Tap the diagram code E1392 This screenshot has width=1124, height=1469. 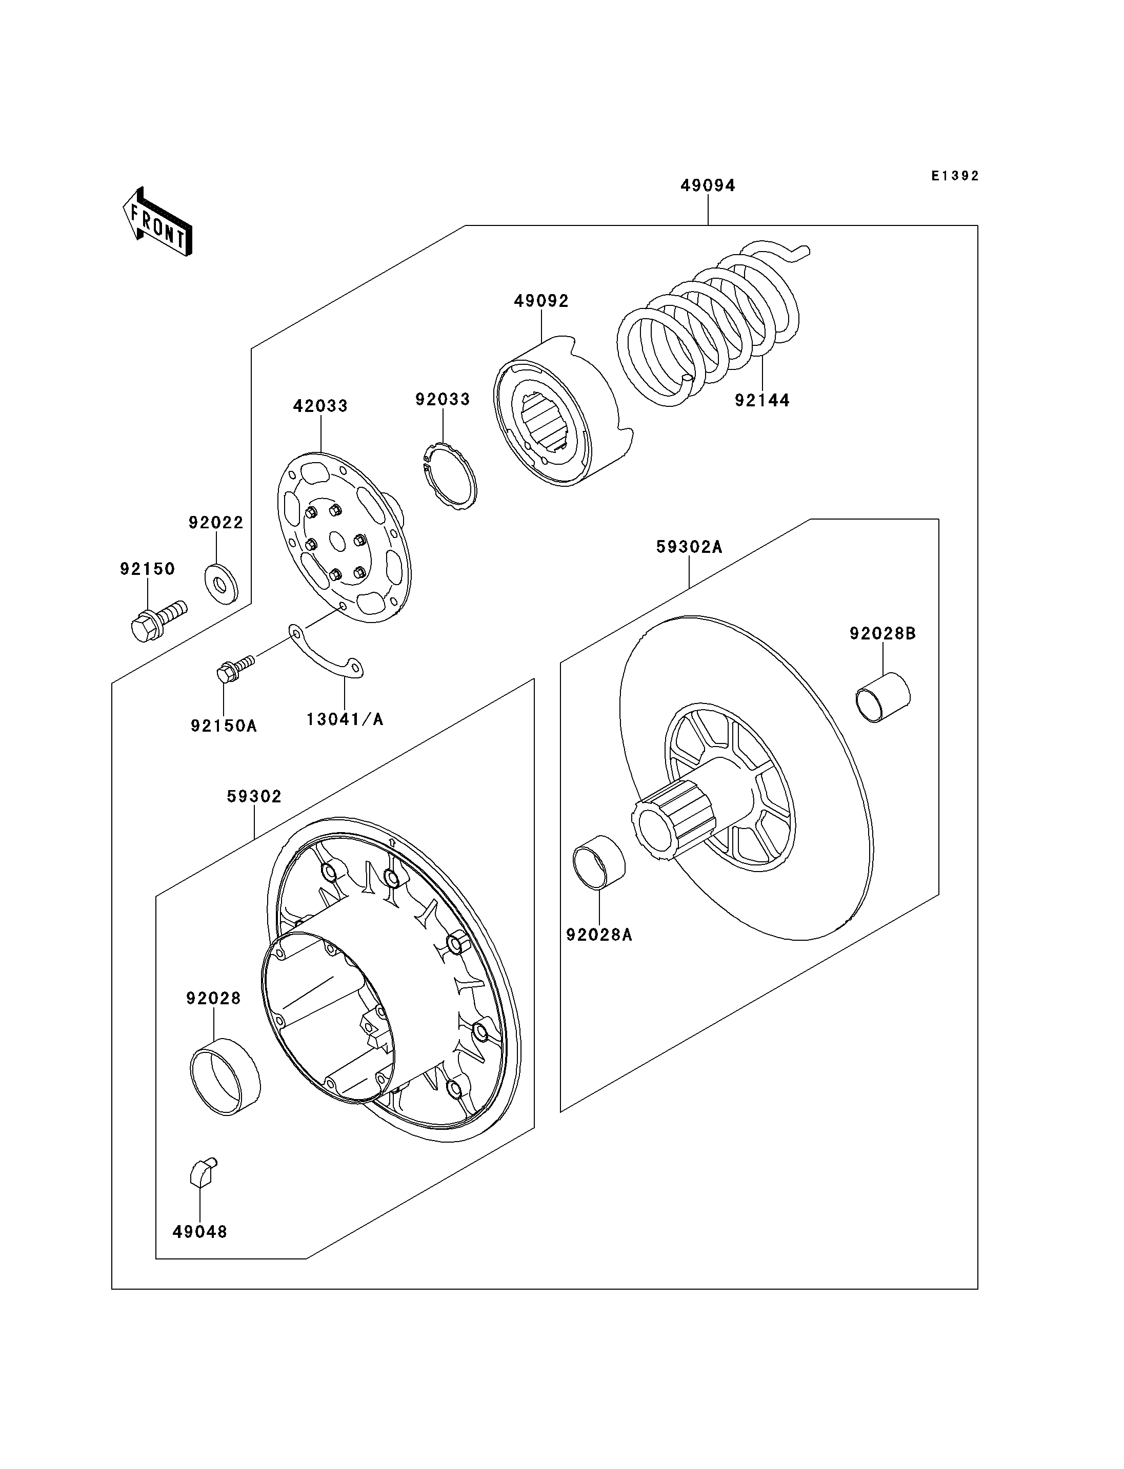(x=955, y=176)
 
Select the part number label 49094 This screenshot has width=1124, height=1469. (x=708, y=185)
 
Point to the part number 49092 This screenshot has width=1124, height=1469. (x=541, y=301)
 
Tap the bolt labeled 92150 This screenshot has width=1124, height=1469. (x=158, y=620)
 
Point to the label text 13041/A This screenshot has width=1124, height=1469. (x=345, y=719)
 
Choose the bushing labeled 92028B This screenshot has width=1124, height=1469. (x=883, y=698)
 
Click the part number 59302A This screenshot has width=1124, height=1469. (x=689, y=547)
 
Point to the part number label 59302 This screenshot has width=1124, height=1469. (x=254, y=796)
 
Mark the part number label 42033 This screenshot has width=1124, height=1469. (x=320, y=406)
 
